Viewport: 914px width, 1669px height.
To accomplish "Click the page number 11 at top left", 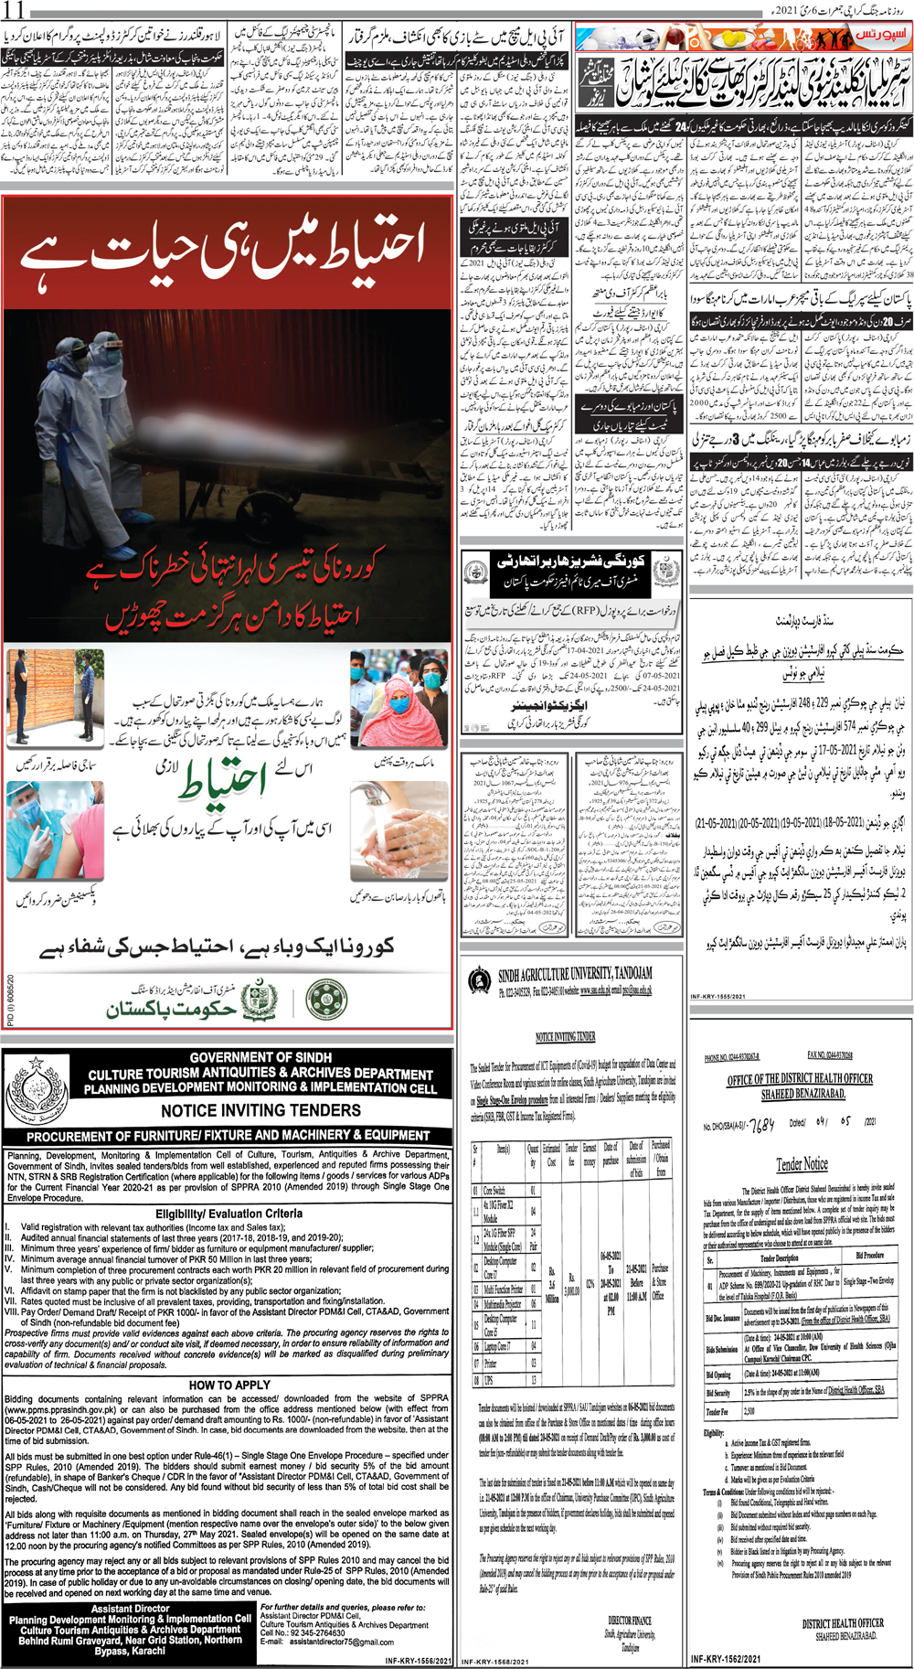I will [15, 11].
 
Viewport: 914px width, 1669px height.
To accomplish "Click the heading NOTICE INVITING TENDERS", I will [260, 1110].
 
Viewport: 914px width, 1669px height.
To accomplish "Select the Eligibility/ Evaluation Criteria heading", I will [228, 1214].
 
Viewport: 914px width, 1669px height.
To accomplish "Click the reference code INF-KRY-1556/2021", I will [418, 1661].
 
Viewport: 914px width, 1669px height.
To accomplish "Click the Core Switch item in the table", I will [494, 1191].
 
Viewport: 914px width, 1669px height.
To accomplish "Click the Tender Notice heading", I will [802, 1164].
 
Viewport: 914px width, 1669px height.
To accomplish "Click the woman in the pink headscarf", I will [396, 698].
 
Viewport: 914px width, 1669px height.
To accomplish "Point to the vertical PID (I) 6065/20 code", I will [10, 1000].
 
